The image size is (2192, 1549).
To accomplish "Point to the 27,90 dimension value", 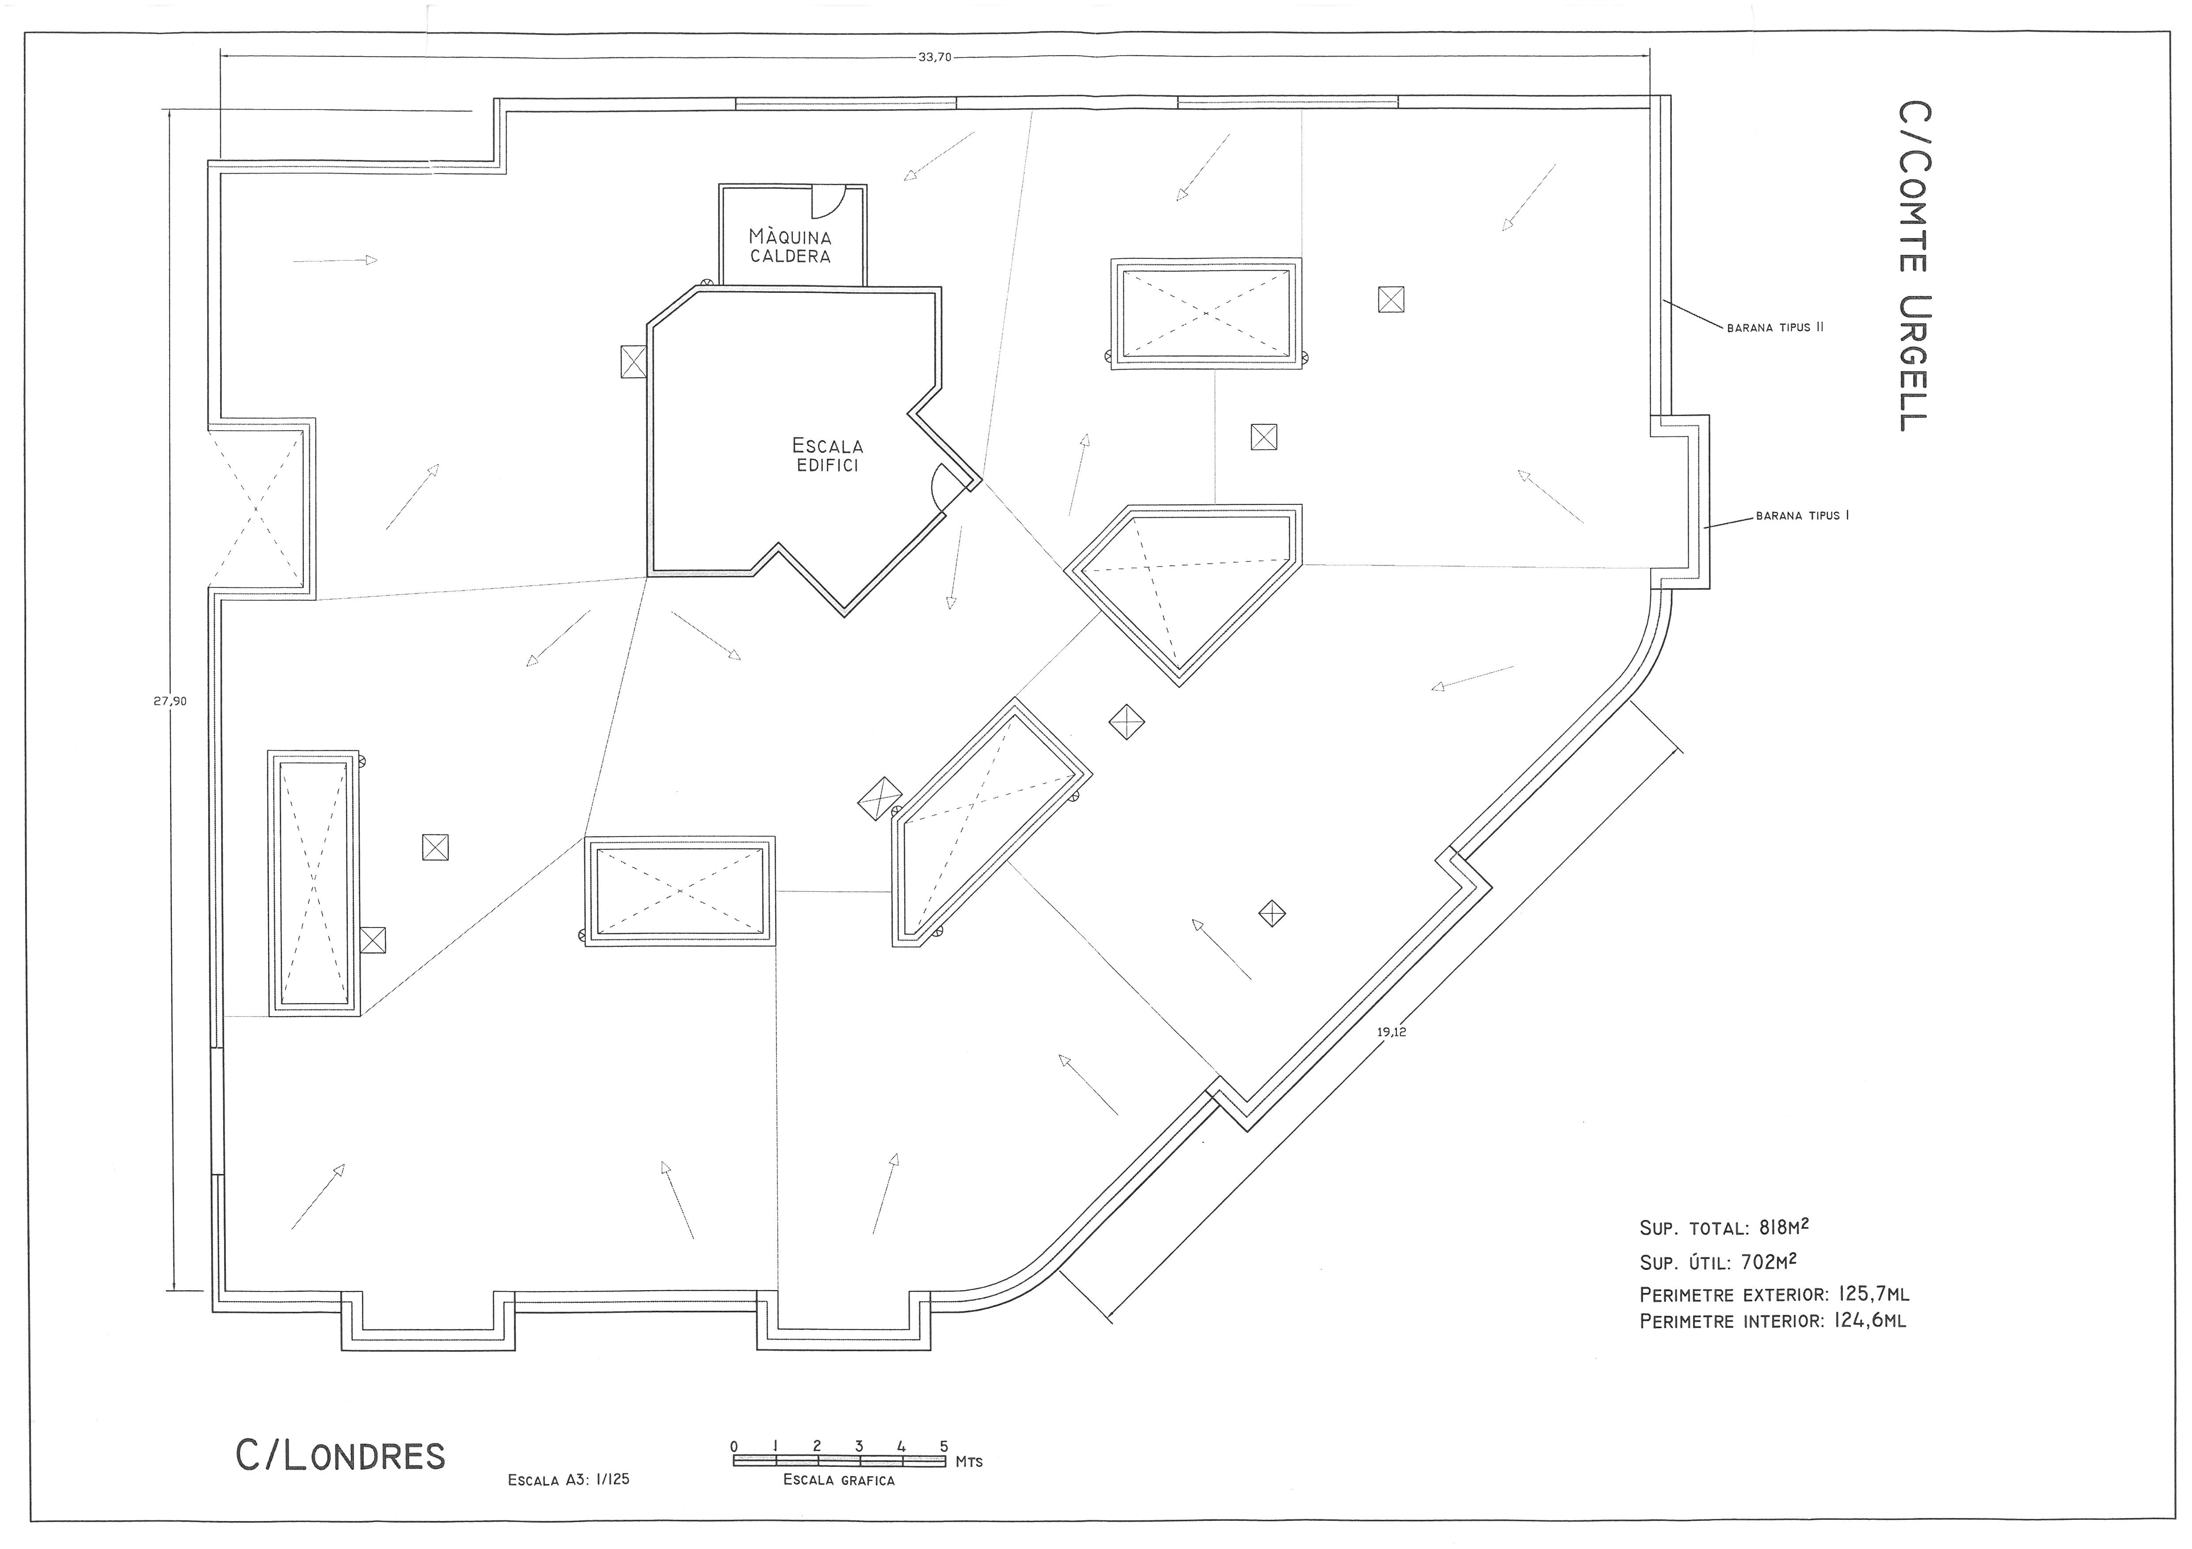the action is [170, 701].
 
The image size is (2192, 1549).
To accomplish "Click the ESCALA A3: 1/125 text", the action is [569, 1480].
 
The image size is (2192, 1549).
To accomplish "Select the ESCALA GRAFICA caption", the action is [839, 1480].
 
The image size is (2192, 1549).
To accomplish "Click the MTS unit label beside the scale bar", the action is [969, 1462].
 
